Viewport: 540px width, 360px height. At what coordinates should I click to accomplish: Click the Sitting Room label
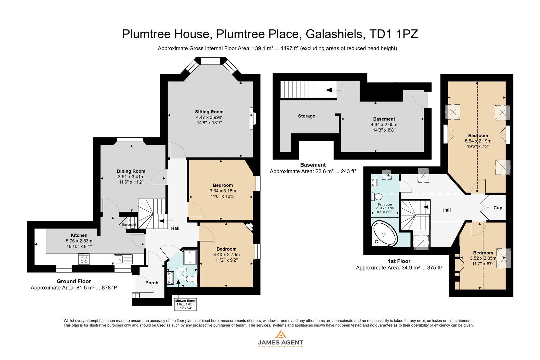[x=209, y=112]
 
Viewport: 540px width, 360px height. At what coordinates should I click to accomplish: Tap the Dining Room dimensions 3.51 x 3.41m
[x=131, y=177]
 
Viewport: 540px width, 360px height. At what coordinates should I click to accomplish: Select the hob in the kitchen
[x=84, y=259]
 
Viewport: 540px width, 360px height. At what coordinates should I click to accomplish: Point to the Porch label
[x=152, y=283]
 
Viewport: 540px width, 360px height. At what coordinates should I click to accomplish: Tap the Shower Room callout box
[x=185, y=304]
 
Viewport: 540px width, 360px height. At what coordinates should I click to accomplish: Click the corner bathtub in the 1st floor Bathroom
[x=384, y=233]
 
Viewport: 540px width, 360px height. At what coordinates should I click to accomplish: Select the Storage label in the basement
[x=306, y=116]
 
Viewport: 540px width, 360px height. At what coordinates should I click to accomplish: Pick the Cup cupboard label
[x=498, y=208]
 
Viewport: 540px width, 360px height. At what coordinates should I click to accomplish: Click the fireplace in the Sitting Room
[x=253, y=118]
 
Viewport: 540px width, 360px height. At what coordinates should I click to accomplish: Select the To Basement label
[x=129, y=223]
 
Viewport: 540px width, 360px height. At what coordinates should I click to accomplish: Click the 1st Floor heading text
[x=399, y=261]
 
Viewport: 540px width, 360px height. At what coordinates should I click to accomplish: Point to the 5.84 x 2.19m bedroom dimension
[x=478, y=141]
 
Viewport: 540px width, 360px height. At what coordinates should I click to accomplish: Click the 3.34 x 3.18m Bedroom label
[x=223, y=185]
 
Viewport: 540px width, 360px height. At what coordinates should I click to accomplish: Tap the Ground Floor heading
[x=74, y=281]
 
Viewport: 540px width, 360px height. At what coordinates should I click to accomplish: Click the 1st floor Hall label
[x=446, y=210]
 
